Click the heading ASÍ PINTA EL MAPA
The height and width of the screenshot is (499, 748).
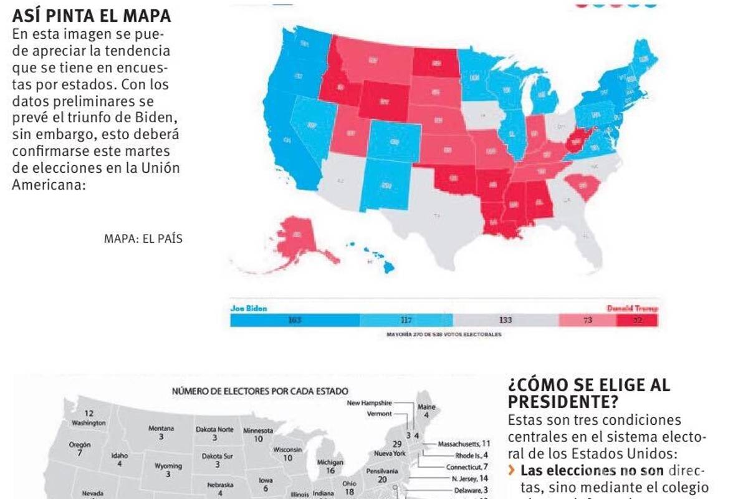92,16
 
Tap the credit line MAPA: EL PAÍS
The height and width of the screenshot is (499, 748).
143,238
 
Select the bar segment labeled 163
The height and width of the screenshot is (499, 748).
295,320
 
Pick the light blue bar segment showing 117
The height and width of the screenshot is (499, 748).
406,320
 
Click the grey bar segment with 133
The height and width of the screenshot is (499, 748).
506,320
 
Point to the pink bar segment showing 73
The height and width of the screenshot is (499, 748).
587,320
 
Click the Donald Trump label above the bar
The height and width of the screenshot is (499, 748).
631,308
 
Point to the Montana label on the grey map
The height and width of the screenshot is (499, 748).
161,432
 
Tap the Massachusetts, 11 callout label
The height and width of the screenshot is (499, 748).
464,443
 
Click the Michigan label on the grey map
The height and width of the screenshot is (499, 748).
330,466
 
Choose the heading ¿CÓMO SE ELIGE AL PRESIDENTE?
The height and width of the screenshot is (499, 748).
589,392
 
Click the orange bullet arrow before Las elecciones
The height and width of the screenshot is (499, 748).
512,470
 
